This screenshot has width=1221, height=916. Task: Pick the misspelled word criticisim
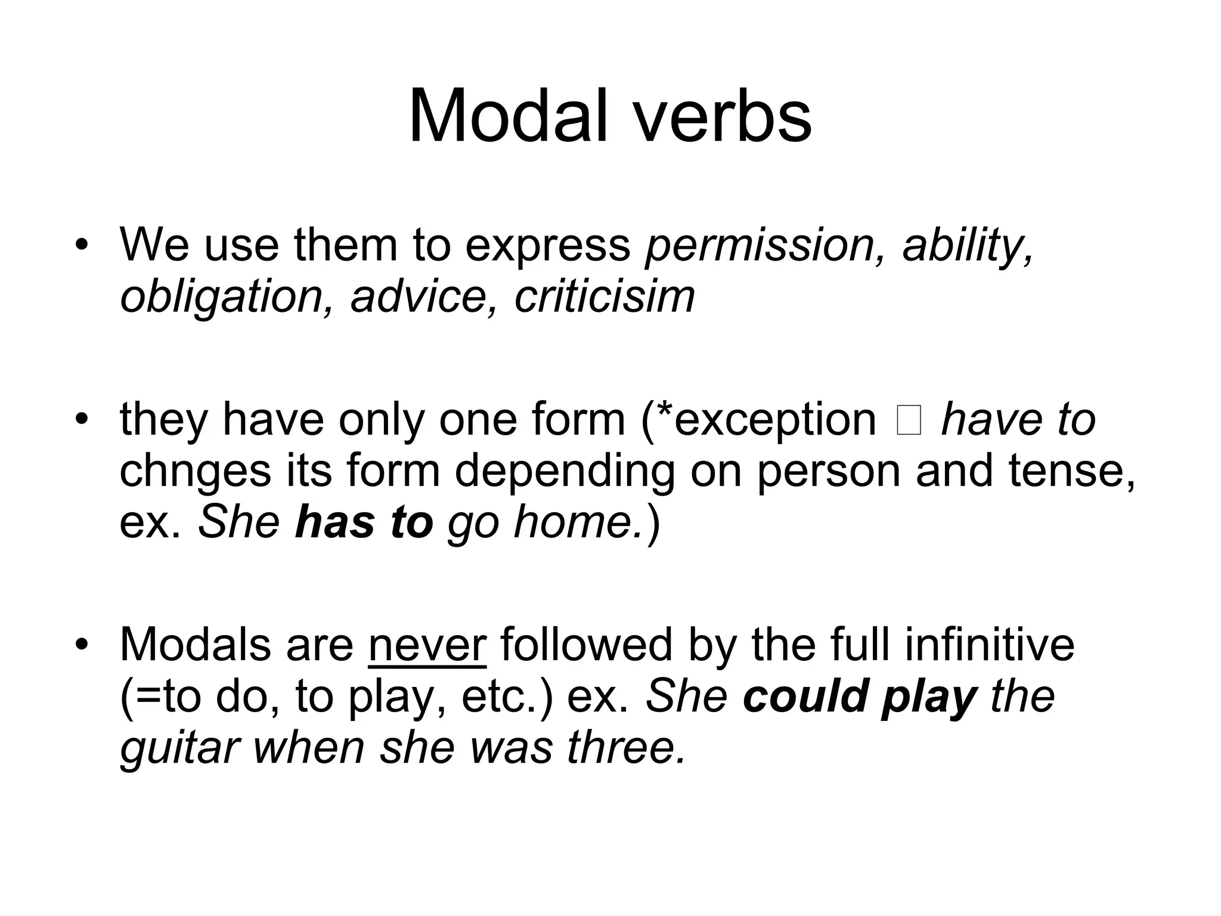tap(604, 296)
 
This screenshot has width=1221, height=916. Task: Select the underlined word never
tap(427, 645)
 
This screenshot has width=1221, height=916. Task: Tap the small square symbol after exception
tap(908, 420)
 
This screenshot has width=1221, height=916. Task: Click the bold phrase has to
tap(364, 521)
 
